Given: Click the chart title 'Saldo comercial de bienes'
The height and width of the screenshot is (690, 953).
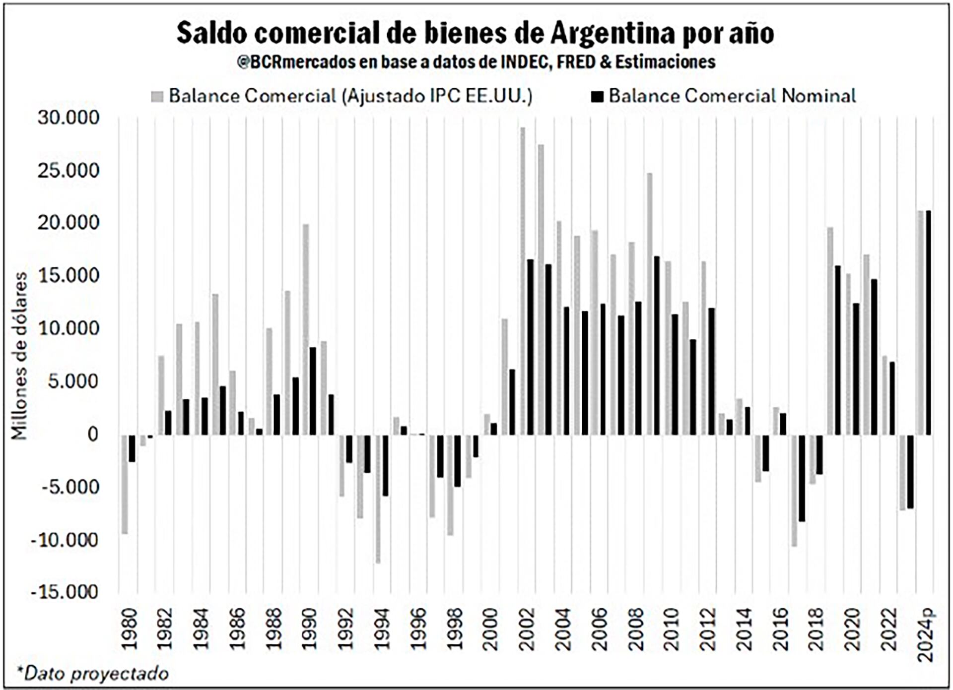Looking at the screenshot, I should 475,34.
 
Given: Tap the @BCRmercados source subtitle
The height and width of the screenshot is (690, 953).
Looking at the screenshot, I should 476,62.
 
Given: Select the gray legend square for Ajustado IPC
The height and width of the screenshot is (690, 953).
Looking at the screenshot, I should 157,96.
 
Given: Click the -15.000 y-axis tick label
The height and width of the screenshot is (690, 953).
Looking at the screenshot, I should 65,592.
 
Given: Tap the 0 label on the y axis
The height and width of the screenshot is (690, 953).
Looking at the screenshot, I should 92,435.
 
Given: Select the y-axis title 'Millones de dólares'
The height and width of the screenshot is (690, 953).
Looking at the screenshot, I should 20,356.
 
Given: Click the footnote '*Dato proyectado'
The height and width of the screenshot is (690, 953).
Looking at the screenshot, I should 93,673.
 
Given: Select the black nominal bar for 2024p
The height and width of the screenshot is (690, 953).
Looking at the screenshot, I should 928,323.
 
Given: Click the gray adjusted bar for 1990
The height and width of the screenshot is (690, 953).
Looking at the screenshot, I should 306,329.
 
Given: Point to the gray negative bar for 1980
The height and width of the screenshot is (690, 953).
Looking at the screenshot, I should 125,484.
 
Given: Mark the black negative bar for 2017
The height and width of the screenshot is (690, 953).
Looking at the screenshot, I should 802,478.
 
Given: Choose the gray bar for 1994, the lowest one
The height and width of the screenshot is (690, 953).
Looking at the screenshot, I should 378,499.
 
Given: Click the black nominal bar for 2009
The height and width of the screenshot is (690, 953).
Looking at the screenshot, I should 657,346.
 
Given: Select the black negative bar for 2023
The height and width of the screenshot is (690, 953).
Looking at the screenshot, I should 910,471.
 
